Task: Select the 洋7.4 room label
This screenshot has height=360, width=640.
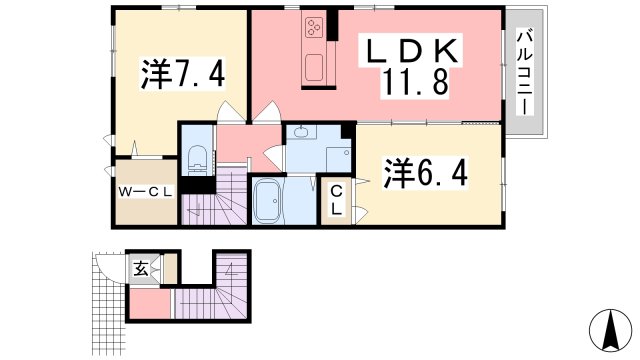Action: tap(181, 74)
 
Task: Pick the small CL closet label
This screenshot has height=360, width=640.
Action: tap(337, 200)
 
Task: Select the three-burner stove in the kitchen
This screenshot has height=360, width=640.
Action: tap(314, 26)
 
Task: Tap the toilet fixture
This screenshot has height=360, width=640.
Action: tap(197, 158)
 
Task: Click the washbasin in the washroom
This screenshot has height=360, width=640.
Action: tap(302, 133)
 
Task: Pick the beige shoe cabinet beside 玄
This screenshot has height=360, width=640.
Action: tap(170, 270)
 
